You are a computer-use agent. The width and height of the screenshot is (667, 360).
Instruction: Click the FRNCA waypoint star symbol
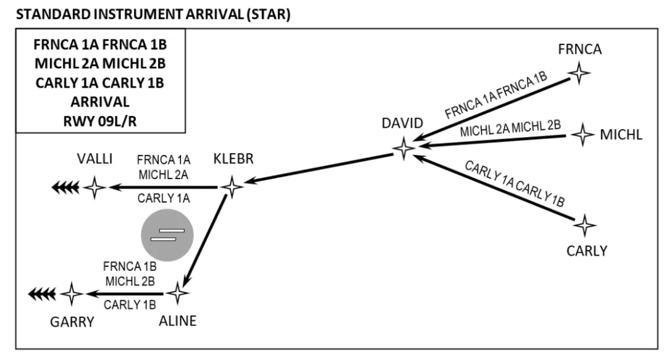pyautogui.click(x=579, y=73)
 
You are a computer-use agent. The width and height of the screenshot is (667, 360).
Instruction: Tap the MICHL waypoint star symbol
pyautogui.click(x=582, y=134)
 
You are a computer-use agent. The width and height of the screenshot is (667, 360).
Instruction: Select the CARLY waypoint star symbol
pyautogui.click(x=584, y=225)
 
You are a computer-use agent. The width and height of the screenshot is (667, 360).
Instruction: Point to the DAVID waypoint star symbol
pyautogui.click(x=404, y=148)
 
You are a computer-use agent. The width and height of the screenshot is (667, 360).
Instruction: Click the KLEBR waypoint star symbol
pyautogui.click(x=232, y=186)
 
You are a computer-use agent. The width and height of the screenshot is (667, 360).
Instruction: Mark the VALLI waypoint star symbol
pyautogui.click(x=94, y=187)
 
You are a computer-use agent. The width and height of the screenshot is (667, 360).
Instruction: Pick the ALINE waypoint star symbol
pyautogui.click(x=179, y=293)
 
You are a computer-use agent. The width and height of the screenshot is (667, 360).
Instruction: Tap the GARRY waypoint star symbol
pyautogui.click(x=72, y=294)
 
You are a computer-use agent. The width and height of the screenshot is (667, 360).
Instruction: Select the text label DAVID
pyautogui.click(x=402, y=123)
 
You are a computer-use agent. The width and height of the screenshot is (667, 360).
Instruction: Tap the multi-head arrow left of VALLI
pyautogui.click(x=64, y=187)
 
